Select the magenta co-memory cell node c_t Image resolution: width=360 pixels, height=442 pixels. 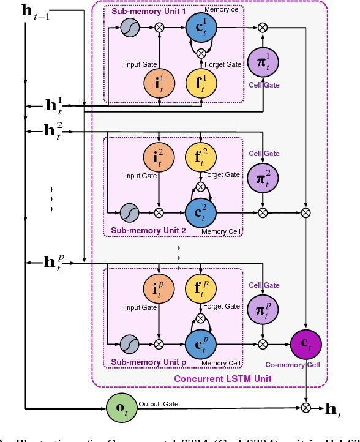coord(306,345)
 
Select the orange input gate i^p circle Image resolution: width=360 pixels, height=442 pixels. coord(159,290)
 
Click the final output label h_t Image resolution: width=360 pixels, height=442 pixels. coord(332,410)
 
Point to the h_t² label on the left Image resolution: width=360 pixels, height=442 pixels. coord(53,130)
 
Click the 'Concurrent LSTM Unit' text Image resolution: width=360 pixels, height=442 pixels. coord(222,379)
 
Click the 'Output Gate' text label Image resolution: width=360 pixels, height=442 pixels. coord(159,404)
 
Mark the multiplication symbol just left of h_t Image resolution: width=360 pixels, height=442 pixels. coord(306,408)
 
